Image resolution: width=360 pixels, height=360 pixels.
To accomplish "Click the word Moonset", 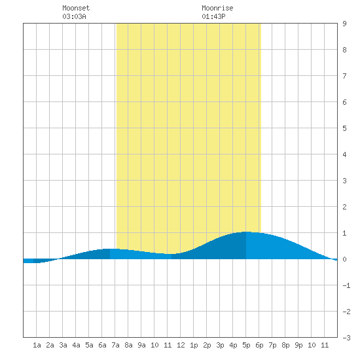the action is (x=76, y=8).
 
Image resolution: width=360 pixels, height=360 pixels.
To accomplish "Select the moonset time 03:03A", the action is (x=74, y=16).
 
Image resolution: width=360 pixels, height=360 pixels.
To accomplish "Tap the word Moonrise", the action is (x=217, y=8).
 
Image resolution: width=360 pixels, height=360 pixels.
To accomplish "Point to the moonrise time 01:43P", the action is (x=213, y=16).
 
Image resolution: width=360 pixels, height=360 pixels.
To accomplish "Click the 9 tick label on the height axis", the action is (x=344, y=24).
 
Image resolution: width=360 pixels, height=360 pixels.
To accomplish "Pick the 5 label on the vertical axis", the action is (x=344, y=128).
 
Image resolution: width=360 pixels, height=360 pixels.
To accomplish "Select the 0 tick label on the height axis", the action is (x=344, y=259).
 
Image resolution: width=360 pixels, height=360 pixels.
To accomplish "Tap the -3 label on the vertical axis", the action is (x=346, y=338).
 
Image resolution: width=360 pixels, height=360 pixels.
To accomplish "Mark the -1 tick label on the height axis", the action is (x=346, y=285).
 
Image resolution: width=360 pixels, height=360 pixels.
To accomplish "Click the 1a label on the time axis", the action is (x=37, y=345).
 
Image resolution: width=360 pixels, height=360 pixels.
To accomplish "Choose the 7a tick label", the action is (x=115, y=345).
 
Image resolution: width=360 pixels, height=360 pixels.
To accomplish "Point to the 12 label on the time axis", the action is (x=181, y=345).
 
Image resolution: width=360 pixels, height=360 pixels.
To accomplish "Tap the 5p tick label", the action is (x=246, y=345).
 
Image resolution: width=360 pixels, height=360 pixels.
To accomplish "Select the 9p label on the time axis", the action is (x=298, y=345).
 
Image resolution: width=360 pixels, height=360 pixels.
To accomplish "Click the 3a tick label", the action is (x=63, y=345).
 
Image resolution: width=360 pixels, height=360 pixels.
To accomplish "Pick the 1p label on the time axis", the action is (x=194, y=345).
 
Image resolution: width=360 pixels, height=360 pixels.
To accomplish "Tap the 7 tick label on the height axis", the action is (x=344, y=76).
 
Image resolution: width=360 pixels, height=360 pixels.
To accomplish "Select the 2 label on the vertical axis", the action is (x=344, y=207).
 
